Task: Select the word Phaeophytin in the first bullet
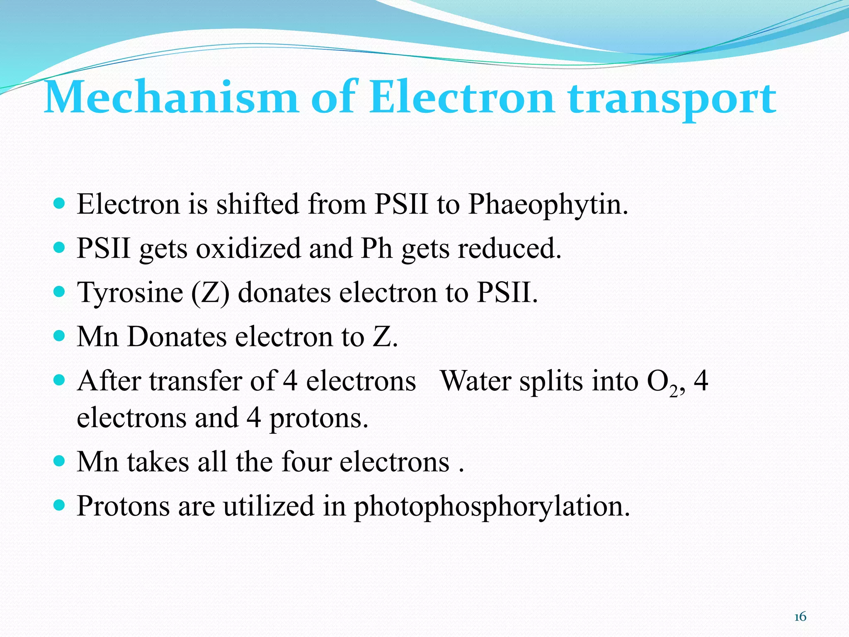coord(548,205)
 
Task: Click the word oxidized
coord(248,249)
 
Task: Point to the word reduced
coord(509,249)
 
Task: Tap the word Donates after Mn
coord(177,337)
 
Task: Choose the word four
coord(306,462)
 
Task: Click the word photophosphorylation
coord(492,507)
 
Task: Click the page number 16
coord(800,617)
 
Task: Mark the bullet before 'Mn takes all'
coord(60,461)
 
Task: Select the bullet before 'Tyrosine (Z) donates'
coord(60,292)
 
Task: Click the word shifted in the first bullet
coord(257,204)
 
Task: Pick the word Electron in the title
coord(461,98)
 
